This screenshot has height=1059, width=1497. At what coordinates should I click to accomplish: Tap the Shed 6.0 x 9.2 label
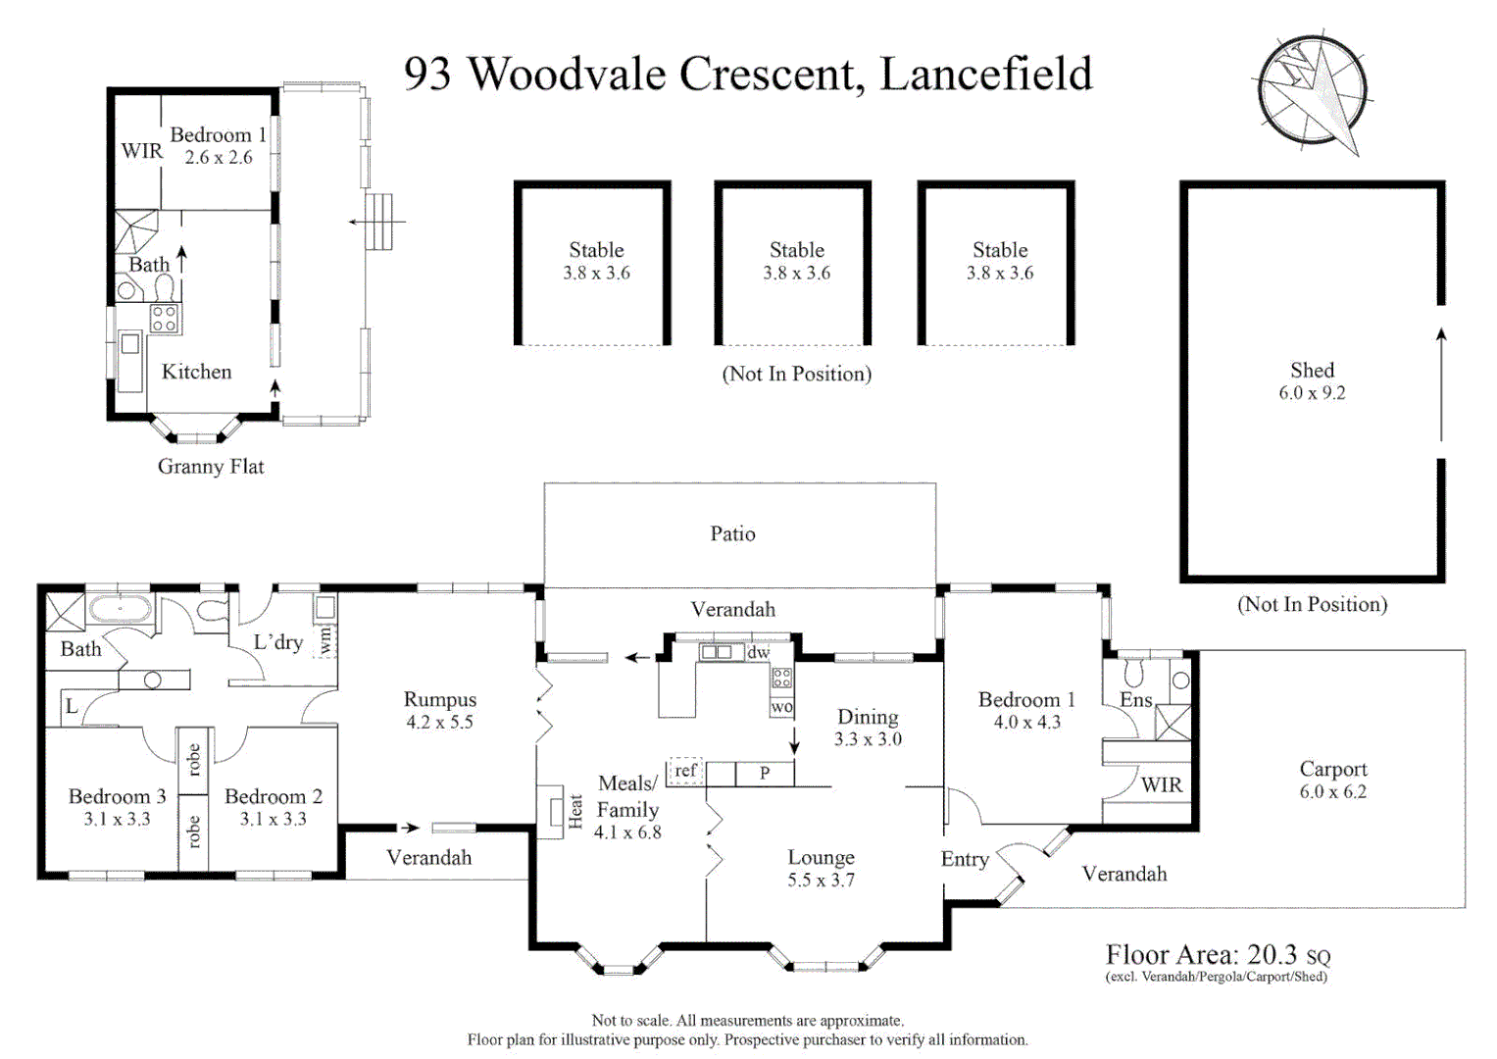(x=1312, y=381)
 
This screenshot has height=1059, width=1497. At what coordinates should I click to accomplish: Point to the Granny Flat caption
(x=211, y=466)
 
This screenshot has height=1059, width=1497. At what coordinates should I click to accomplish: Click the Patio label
(x=732, y=533)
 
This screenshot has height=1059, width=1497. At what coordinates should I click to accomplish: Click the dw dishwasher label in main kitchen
(x=759, y=651)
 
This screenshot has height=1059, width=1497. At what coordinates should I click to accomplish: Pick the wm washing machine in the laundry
(x=325, y=640)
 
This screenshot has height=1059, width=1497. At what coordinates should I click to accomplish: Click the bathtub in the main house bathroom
(x=121, y=609)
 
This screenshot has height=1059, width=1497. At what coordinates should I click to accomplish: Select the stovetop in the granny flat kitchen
(x=165, y=319)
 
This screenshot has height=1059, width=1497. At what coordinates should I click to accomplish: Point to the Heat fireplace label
(x=575, y=811)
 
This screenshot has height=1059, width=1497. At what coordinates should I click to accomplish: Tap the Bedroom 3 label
(x=117, y=796)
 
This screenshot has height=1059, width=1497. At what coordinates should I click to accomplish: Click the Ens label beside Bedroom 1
(x=1136, y=700)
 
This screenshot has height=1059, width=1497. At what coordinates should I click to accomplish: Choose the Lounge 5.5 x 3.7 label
(x=821, y=868)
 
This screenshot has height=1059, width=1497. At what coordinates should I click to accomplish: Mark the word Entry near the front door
(x=965, y=859)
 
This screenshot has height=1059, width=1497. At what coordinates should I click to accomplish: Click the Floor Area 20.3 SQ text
(x=1219, y=954)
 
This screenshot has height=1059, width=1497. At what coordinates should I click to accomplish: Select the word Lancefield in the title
(x=986, y=74)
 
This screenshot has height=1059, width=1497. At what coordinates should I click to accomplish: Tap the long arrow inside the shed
(x=1441, y=384)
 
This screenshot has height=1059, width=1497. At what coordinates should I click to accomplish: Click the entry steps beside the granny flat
(x=378, y=222)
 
